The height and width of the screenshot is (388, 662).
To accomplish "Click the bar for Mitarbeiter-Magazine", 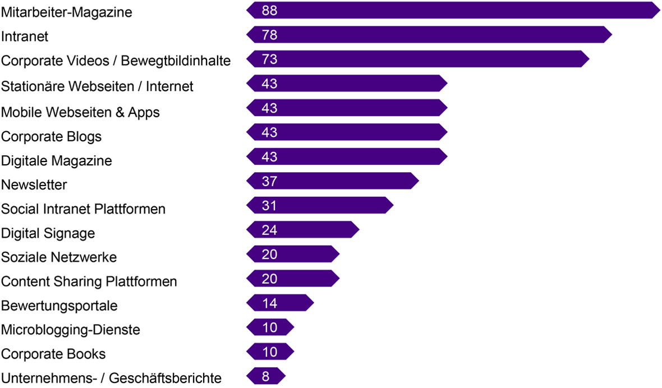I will point(453,11).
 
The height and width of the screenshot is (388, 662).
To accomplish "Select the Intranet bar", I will point(429,35).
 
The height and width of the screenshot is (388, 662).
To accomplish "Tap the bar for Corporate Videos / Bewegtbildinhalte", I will point(418,59).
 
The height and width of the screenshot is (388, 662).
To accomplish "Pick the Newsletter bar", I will point(333,181).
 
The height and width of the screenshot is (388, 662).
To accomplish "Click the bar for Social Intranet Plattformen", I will point(320,206).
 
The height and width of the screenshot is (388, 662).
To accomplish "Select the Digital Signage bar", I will point(303,230).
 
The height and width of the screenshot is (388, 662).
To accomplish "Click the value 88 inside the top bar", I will point(269,11).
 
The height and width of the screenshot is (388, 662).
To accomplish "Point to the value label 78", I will point(269,35).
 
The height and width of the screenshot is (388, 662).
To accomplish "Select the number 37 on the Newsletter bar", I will point(269,181).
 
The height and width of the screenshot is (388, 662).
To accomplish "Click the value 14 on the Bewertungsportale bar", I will point(269,303).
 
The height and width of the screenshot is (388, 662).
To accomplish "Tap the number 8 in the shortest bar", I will point(266,376).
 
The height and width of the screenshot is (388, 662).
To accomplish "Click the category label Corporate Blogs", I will point(51,136).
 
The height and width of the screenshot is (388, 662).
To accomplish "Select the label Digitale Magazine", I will point(56,161).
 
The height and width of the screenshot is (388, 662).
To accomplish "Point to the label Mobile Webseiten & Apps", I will point(80,112).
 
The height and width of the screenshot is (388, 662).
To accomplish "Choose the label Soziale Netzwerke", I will point(59,257).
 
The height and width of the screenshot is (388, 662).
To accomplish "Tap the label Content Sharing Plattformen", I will point(89,281).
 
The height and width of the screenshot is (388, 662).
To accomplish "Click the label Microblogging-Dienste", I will point(70,330).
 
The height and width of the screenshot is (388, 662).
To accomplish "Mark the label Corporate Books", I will point(53,354).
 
